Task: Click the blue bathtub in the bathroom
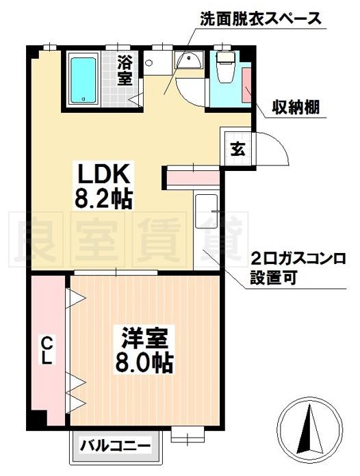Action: [x=83, y=81]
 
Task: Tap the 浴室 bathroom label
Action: [x=125, y=70]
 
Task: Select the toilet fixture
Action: [x=225, y=66]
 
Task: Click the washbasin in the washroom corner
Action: [x=189, y=60]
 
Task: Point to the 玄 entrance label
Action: [x=237, y=149]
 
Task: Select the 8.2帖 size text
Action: [x=103, y=199]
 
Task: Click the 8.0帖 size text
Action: [x=144, y=362]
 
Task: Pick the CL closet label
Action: [x=47, y=351]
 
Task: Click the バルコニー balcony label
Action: [x=115, y=446]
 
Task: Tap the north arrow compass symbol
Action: [x=311, y=431]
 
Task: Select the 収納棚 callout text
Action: [x=295, y=107]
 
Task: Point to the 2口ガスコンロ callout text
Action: [x=298, y=260]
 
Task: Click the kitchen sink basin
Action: [x=207, y=211]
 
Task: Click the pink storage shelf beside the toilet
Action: [x=246, y=85]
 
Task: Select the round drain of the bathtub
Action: [x=83, y=99]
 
